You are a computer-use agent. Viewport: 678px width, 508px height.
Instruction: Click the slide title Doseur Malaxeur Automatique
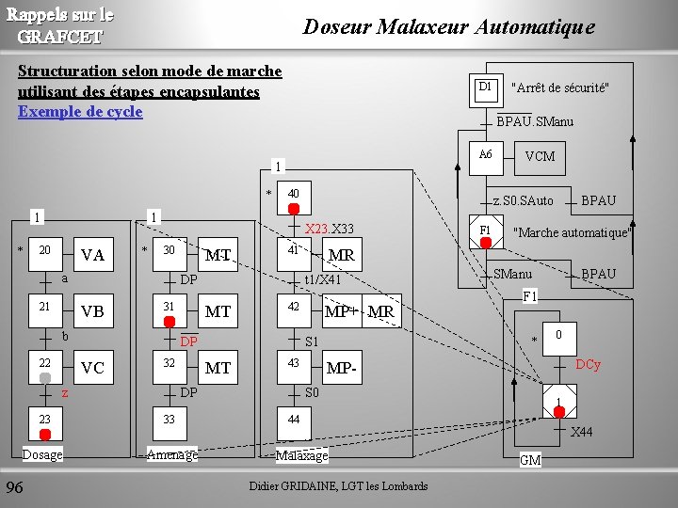tap(448, 27)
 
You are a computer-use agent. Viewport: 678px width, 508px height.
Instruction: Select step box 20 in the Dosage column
tap(44, 255)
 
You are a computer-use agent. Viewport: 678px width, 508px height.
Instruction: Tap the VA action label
tap(92, 255)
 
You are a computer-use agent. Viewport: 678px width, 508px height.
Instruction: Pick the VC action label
tap(92, 369)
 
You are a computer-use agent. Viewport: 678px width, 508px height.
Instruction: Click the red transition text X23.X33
tap(329, 229)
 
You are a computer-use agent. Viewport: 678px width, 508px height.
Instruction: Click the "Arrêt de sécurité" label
tap(559, 88)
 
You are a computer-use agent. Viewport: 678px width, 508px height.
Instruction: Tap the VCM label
tap(540, 157)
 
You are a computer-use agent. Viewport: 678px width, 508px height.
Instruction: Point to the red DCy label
tap(588, 364)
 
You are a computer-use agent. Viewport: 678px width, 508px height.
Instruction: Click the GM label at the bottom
tap(530, 460)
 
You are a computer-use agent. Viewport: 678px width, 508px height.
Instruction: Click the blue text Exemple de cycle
tap(80, 112)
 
